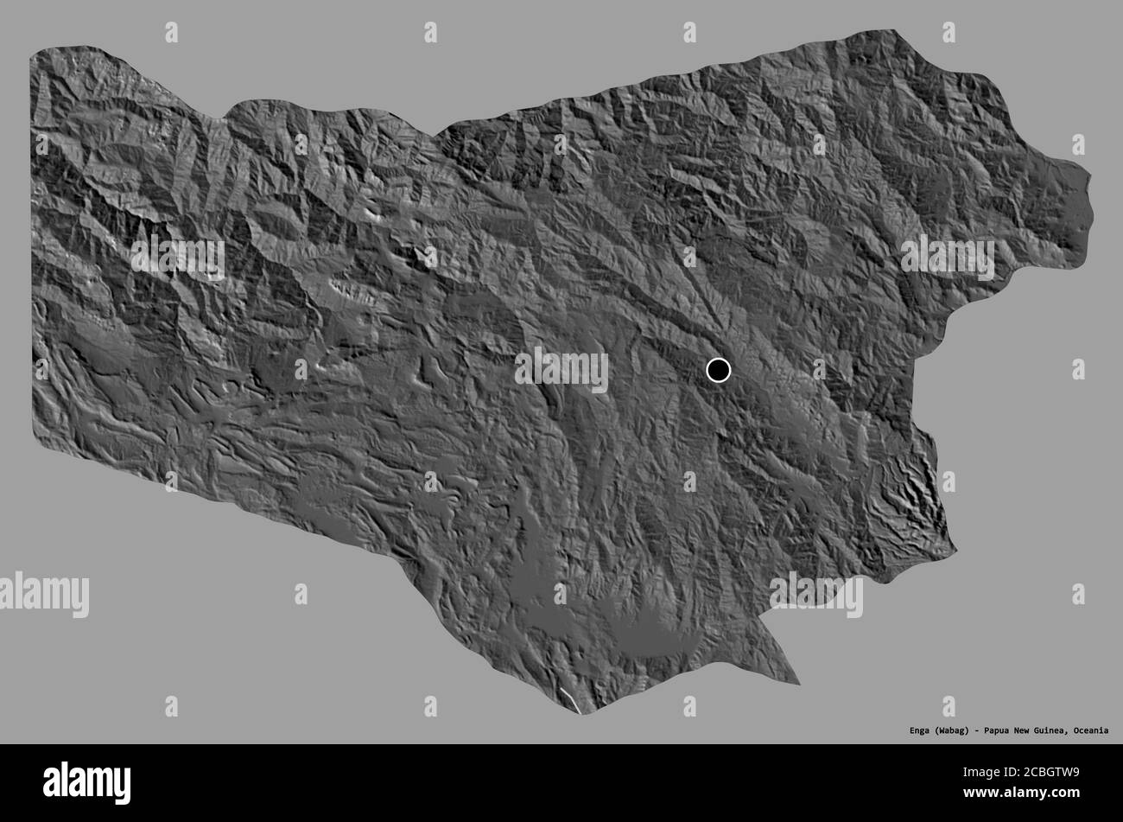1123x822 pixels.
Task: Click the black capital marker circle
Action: click(718, 370)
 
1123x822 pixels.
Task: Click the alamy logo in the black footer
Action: click(86, 782)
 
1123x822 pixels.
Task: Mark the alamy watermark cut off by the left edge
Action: click(43, 595)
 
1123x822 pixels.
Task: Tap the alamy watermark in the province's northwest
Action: click(178, 258)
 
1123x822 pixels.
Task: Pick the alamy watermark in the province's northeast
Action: click(948, 257)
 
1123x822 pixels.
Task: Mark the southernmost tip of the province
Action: click(584, 713)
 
